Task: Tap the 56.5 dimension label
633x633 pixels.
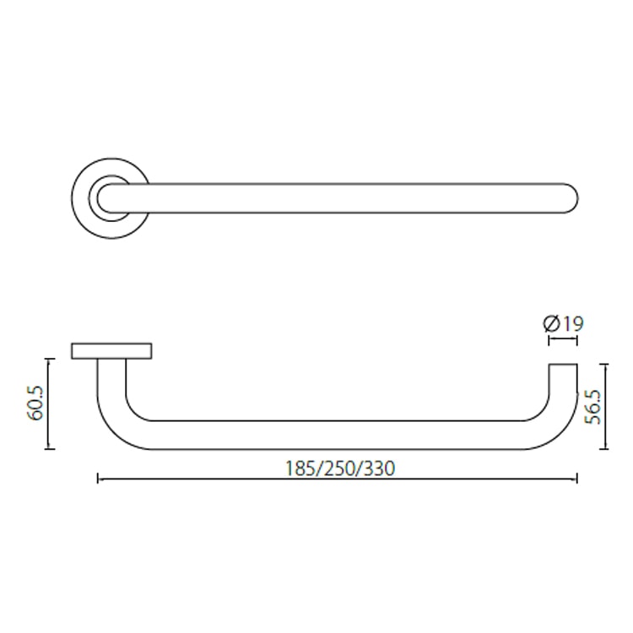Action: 593,407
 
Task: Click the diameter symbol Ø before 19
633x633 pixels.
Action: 551,323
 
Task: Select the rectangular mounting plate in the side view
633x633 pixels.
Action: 112,351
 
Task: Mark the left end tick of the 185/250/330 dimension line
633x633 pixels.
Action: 99,479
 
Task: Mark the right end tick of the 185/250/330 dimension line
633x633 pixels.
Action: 577,479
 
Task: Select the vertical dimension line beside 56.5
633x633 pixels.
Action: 605,407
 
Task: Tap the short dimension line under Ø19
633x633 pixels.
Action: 563,340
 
